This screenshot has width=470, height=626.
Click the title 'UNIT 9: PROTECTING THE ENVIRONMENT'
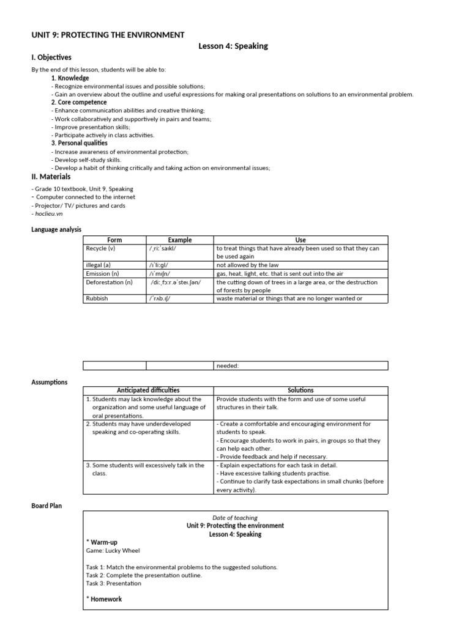click(108, 35)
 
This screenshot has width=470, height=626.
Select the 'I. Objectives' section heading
click(51, 57)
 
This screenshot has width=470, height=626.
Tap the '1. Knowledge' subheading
click(70, 78)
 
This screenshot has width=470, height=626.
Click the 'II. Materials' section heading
click(51, 177)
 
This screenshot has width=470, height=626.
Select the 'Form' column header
click(114, 240)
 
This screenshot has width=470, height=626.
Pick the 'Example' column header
click(179, 240)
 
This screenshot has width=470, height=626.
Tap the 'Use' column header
click(300, 240)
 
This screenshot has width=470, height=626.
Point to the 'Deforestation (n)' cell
click(109, 282)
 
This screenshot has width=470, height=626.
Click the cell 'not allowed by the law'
click(248, 265)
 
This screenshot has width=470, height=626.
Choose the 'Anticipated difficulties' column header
click(148, 390)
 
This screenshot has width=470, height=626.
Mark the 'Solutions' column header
click(300, 390)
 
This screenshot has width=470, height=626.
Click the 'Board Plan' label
click(47, 506)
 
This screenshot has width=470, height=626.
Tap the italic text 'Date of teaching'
click(235, 518)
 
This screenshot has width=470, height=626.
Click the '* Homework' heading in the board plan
click(104, 599)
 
